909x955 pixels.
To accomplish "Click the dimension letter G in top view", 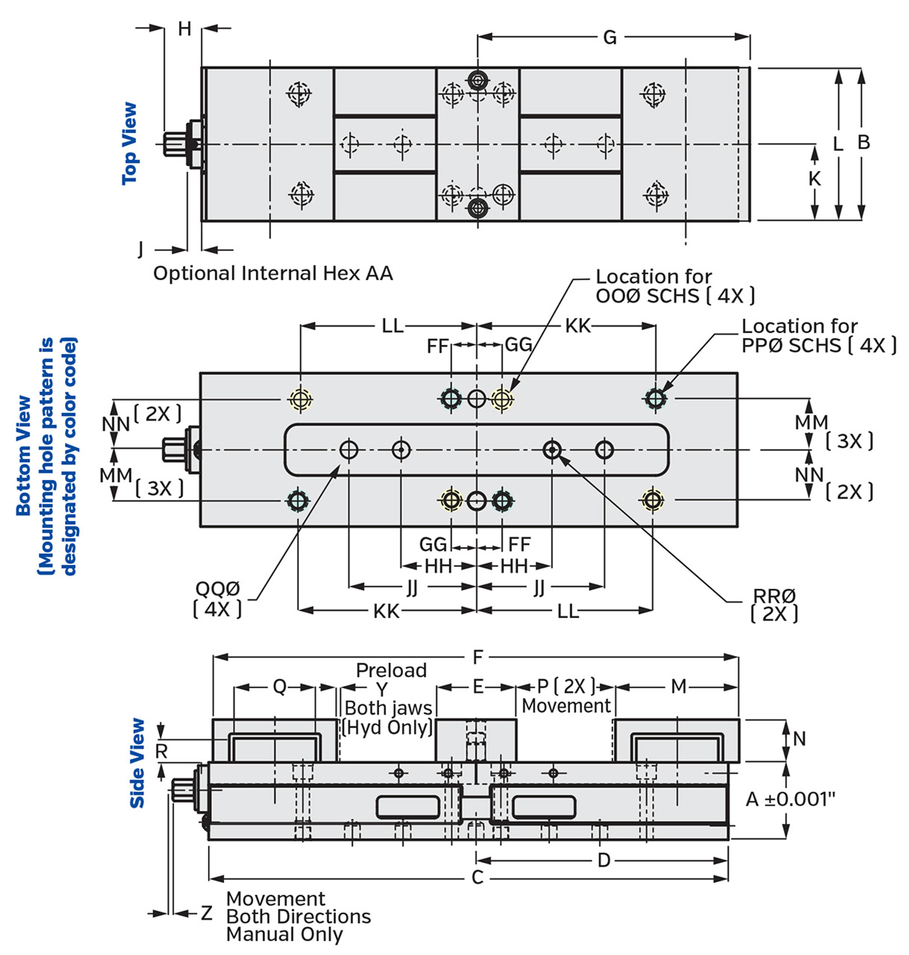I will coord(610,37).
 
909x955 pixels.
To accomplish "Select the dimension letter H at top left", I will coord(184,28).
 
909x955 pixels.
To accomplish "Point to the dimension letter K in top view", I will coord(814,179).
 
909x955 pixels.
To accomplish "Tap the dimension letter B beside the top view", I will coord(864,143).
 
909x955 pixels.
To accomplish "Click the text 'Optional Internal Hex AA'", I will coord(273,273).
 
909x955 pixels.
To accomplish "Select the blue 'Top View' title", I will coord(130,144).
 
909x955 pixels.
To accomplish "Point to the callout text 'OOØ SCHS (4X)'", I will coord(675,296).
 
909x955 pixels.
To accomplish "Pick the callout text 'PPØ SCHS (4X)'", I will coord(819,346).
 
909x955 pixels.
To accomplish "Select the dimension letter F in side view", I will coord(478,658).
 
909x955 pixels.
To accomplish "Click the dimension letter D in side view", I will coord(604,860).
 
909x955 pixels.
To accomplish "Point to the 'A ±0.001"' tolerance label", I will coord(790,800).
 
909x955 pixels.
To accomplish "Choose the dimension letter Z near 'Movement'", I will coord(207,913).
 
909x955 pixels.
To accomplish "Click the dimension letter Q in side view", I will coord(280,686).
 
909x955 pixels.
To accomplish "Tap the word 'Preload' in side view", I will coord(391,670).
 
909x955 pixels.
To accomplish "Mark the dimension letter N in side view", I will coord(799,739).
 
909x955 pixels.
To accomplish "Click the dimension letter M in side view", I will coord(678,686).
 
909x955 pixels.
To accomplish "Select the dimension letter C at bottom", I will coord(477,877).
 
